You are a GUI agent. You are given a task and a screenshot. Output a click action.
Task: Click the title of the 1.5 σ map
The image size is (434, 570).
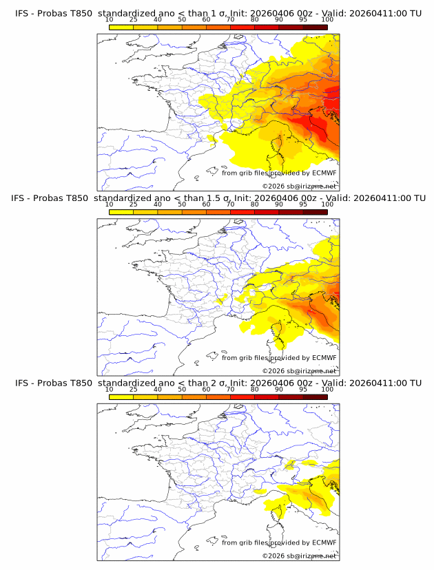point(218,198)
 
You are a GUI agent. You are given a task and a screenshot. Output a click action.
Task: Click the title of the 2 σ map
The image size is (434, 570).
point(218,383)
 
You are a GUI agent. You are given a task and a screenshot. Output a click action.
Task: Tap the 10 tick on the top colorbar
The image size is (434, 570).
point(109,20)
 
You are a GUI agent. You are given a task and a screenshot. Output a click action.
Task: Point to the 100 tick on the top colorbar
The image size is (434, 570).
point(327,20)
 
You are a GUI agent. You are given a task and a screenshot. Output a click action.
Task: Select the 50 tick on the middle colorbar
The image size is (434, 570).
point(182,204)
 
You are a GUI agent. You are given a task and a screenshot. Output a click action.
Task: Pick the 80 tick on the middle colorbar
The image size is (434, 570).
point(255,204)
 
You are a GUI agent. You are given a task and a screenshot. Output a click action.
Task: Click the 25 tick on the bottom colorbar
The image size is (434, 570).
point(133,390)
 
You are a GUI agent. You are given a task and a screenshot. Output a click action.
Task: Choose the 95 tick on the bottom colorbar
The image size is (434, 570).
point(303,390)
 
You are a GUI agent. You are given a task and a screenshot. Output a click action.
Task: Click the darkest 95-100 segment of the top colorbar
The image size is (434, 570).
point(316,28)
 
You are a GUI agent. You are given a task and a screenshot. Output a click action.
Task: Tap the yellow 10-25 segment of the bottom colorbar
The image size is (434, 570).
point(121,397)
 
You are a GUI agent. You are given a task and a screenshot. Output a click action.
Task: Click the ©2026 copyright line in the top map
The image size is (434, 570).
point(300,186)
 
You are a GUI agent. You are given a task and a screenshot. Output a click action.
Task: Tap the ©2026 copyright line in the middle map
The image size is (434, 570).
point(300,370)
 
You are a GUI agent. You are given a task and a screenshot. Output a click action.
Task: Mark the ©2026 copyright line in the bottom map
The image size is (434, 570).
point(300,556)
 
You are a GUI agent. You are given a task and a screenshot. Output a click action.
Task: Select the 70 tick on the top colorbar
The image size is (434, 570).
point(230,20)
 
